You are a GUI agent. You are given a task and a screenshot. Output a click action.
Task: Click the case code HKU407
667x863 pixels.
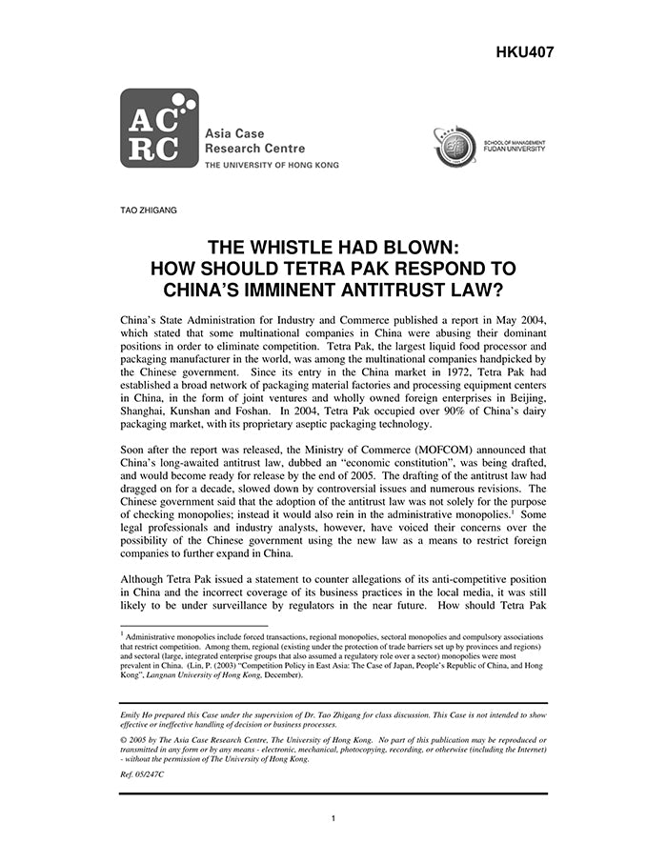524,51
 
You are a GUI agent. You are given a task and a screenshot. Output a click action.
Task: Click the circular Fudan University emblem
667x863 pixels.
455,149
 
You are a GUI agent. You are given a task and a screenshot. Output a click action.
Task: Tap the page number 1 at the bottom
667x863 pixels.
333,817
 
